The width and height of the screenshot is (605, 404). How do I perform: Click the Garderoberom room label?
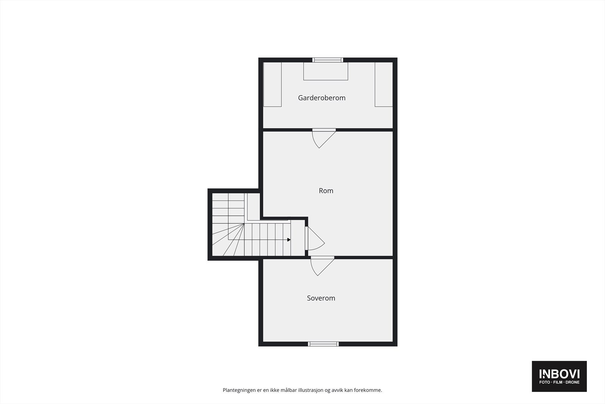(x=321, y=98)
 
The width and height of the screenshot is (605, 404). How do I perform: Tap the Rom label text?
(x=326, y=190)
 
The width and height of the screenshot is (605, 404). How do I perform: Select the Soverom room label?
(x=321, y=298)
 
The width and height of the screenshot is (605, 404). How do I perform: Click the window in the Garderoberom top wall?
(x=327, y=60)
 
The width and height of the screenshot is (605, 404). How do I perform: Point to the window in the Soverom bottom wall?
(x=323, y=344)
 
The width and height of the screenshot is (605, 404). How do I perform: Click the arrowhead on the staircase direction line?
(x=289, y=240)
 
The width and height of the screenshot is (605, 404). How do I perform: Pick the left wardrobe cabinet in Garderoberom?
(x=272, y=84)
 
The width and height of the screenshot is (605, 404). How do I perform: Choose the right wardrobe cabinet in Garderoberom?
(x=383, y=84)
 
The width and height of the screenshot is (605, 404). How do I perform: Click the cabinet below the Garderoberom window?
(x=326, y=71)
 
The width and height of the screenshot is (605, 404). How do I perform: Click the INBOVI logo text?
(x=559, y=374)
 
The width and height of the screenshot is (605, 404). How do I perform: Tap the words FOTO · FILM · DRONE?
(x=559, y=382)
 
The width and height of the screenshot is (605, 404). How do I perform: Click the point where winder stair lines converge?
(x=244, y=224)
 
